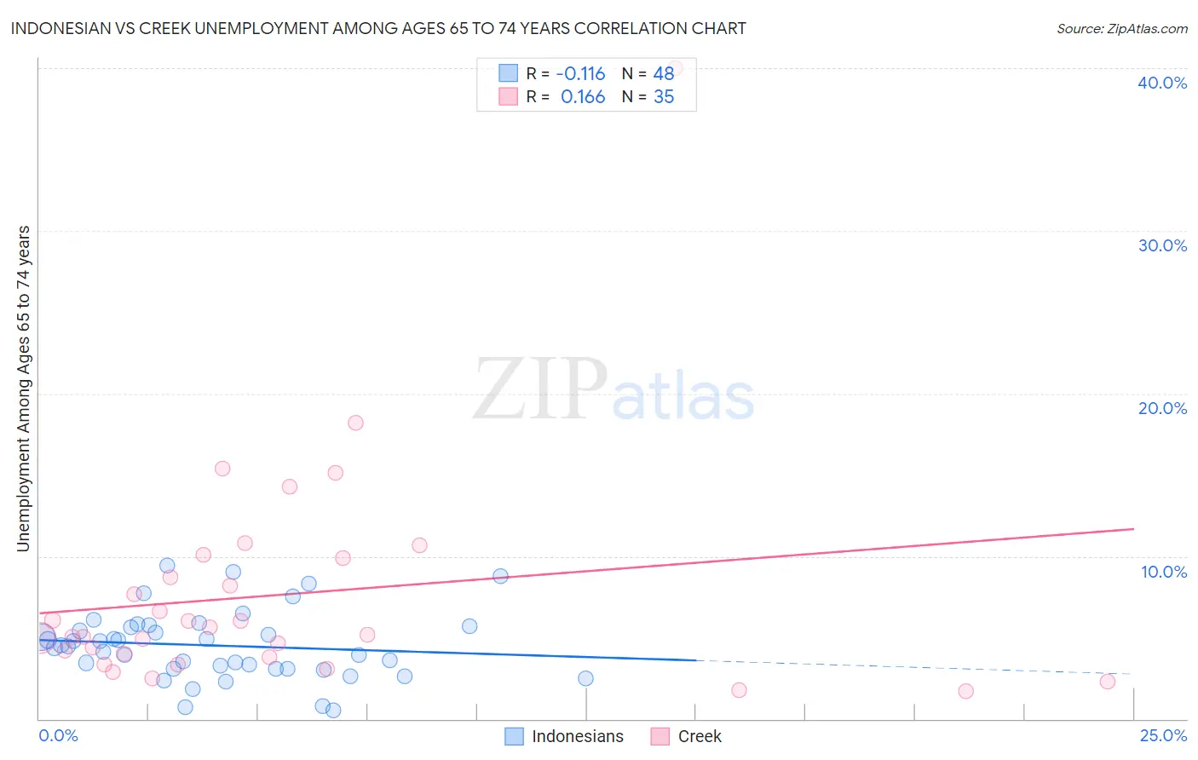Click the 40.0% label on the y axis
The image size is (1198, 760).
pos(1162,83)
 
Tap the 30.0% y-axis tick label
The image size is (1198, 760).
pos(1162,245)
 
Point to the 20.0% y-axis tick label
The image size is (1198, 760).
pos(1162,408)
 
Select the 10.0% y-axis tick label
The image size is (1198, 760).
pos(1164,572)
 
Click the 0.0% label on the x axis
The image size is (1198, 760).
pos(58,735)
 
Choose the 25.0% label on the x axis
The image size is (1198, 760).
pos(1163,735)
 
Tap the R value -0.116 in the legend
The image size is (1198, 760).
pos(580,73)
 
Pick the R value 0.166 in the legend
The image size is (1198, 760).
pos(583,97)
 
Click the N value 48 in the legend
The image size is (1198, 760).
pos(664,73)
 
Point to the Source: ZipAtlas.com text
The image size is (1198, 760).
pos(1121,28)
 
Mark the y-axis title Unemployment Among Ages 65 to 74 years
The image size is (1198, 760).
pos(24,389)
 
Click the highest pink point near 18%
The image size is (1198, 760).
pos(355,423)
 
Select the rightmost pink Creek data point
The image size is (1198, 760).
pos(1107,681)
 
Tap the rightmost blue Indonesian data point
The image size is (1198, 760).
pos(585,678)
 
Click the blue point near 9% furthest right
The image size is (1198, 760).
pos(500,576)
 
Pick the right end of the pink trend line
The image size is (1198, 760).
pos(1133,529)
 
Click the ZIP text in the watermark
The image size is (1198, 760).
pos(540,389)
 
